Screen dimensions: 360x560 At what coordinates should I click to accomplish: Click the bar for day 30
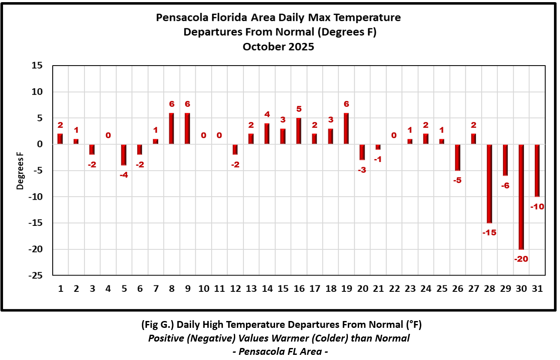(x=521, y=197)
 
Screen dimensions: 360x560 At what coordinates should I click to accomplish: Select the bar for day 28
(x=489, y=184)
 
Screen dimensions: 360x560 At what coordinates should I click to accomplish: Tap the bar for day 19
(x=346, y=129)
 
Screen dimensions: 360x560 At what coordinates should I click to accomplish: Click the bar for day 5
(x=124, y=155)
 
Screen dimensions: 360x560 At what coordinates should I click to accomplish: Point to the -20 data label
(x=521, y=259)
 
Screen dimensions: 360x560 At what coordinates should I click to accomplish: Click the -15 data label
(x=489, y=233)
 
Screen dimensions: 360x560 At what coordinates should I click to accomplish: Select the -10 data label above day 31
(x=537, y=207)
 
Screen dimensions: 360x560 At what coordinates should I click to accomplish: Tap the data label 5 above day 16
(x=299, y=109)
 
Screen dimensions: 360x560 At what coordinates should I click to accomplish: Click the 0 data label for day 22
(x=394, y=135)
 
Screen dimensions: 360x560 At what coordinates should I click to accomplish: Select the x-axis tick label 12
(x=235, y=289)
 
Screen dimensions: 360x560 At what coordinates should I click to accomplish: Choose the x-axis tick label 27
(x=473, y=289)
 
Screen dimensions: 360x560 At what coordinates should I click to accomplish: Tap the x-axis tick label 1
(x=60, y=289)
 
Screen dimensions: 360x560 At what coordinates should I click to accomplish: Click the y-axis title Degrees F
(x=20, y=171)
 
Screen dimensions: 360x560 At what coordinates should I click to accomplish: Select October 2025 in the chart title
(x=278, y=47)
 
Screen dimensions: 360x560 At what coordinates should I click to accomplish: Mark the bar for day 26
(x=458, y=158)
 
